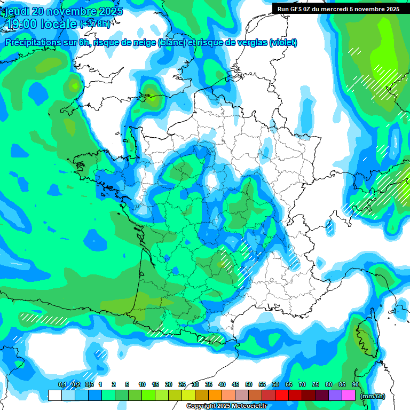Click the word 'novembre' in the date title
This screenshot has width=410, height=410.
tap(72, 12)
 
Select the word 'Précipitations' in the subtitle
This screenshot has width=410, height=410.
tap(32, 43)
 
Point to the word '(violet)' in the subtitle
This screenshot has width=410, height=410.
tap(283, 43)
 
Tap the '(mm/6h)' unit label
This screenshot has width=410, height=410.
tap(373, 396)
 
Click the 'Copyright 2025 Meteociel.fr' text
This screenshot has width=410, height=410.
tap(227, 406)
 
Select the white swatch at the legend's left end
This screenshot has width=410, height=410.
tap(54, 396)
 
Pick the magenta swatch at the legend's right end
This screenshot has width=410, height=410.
tap(348, 396)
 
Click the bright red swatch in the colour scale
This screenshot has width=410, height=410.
tap(281, 396)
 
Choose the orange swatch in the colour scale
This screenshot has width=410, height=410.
tap(215, 396)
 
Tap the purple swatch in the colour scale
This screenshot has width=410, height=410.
tap(335, 396)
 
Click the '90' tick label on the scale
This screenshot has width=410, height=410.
tap(355, 384)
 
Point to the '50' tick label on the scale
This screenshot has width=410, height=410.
tap(248, 384)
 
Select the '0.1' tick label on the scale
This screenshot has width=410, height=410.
tap(61, 384)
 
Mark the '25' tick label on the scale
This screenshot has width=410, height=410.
tap(182, 384)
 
